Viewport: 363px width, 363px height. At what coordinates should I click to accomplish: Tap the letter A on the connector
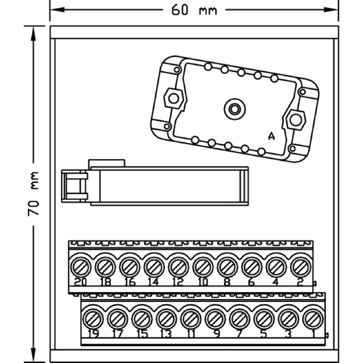click(x=271, y=136)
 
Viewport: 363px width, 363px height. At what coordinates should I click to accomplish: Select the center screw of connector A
click(x=234, y=109)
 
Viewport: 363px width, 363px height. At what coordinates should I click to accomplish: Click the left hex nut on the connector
click(x=173, y=98)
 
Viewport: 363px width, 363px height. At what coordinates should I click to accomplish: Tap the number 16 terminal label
click(x=130, y=282)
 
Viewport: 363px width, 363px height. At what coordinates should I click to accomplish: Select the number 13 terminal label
click(x=166, y=335)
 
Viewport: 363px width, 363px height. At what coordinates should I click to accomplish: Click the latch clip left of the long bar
click(x=74, y=186)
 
